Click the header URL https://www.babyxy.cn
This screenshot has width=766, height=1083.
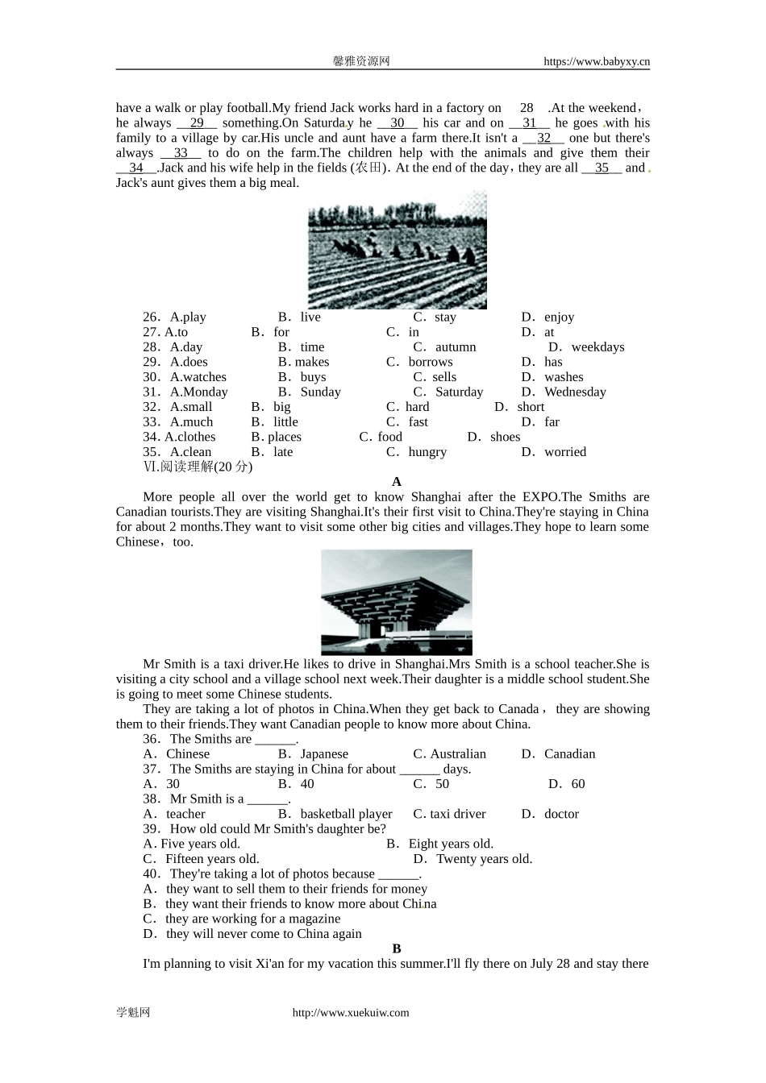(596, 61)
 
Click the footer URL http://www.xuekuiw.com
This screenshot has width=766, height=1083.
(350, 1013)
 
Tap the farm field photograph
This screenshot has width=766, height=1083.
(397, 250)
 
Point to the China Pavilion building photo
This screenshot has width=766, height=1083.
(396, 602)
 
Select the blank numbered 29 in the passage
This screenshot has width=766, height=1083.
(197, 123)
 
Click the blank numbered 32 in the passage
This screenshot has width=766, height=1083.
(543, 138)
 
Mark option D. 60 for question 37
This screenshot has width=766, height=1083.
(567, 784)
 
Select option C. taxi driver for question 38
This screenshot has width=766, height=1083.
(449, 814)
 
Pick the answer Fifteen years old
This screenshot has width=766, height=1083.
(202, 859)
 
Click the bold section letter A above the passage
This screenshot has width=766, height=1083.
(396, 482)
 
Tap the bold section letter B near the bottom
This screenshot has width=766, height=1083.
(396, 949)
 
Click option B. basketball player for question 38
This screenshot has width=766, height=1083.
(335, 814)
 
